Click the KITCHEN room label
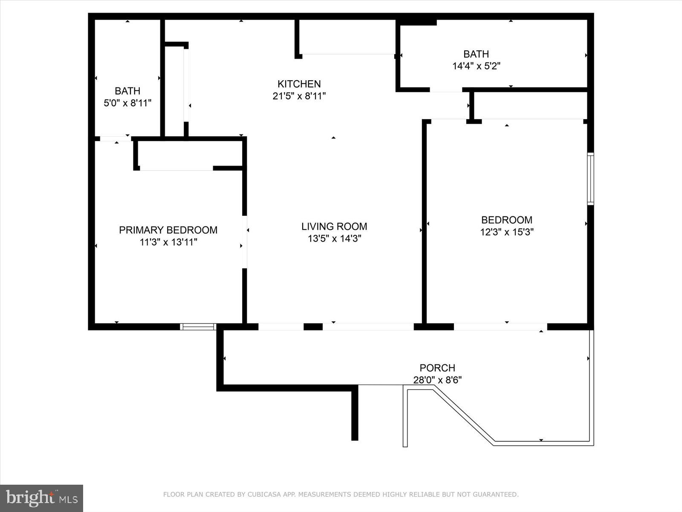[x=299, y=84]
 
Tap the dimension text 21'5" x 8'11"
[x=299, y=96]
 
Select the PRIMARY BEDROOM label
[x=168, y=230]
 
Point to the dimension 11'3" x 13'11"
[x=168, y=242]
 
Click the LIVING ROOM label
[x=334, y=226]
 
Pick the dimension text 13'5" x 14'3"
[x=334, y=239]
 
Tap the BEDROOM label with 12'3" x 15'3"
[x=506, y=220]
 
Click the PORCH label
[x=437, y=368]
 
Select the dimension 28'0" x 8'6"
[x=437, y=380]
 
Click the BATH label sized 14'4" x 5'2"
[x=476, y=54]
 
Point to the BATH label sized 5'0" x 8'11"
[x=127, y=91]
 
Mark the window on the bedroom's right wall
[x=590, y=179]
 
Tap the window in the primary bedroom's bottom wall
[x=198, y=327]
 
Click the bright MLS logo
[x=41, y=498]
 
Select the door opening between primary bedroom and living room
[x=245, y=242]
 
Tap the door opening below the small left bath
[x=115, y=139]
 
